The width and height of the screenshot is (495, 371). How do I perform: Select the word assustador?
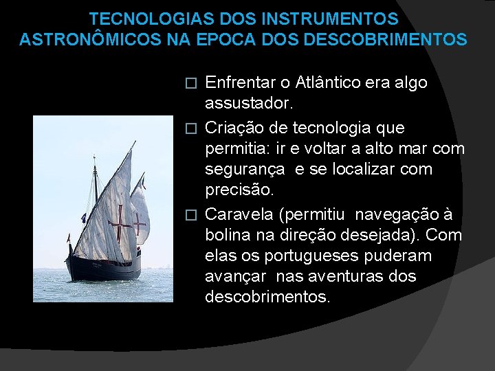pyautogui.click(x=247, y=104)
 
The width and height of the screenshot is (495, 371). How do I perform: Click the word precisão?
pyautogui.click(x=238, y=190)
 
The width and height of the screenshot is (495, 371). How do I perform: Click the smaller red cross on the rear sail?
pyautogui.click(x=140, y=223)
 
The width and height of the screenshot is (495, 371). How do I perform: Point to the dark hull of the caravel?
pyautogui.click(x=103, y=267)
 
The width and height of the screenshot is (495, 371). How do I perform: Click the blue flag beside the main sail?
pyautogui.click(x=83, y=218)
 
